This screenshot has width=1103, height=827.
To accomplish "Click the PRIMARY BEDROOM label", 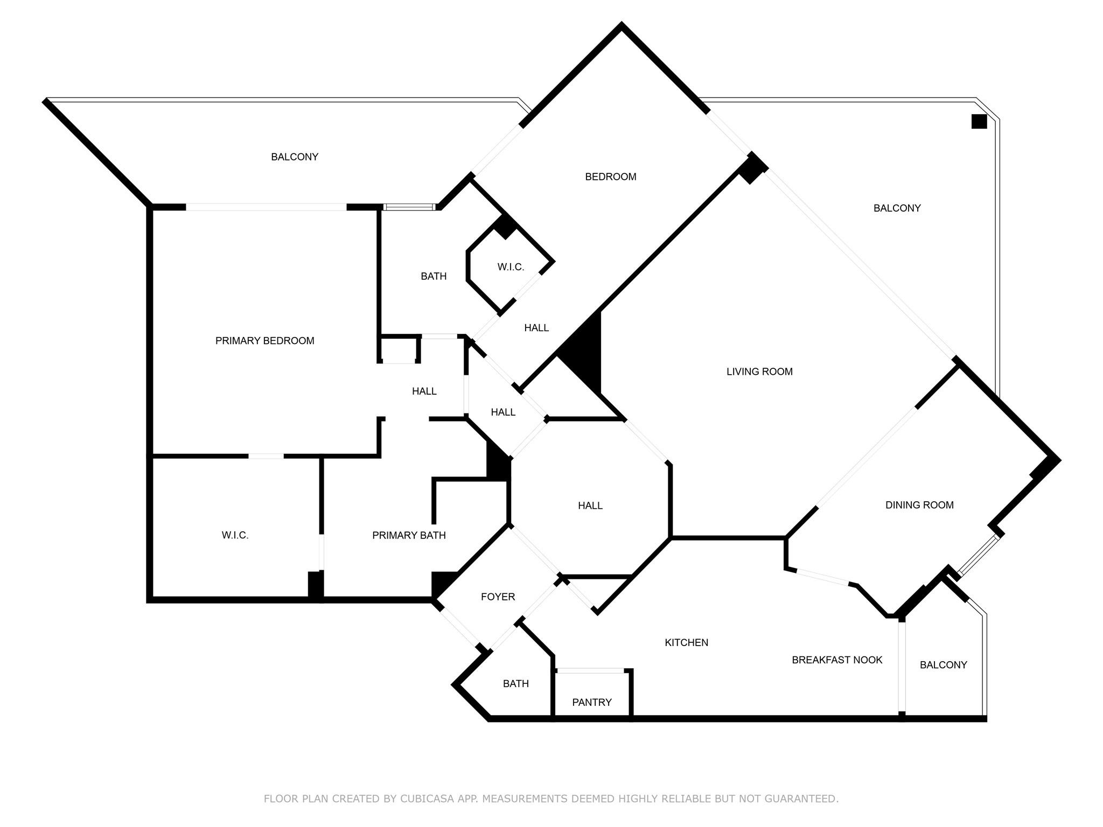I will point(264,341).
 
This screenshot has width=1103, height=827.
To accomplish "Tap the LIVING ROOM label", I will point(759,372).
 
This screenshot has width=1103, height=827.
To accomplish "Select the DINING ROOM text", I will point(919,505).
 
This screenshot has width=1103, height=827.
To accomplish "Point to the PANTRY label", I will point(592,702).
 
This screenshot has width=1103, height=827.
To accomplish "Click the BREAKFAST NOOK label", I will point(837,660).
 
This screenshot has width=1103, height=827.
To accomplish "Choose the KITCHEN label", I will point(686,642).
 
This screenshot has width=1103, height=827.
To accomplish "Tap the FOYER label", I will point(498,597).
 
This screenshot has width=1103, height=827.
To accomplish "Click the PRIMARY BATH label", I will point(409,535).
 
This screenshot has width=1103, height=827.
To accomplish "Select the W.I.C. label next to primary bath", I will point(235,535).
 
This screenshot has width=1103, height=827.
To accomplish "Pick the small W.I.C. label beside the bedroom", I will point(511,267).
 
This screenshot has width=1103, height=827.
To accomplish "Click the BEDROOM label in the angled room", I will point(611,177).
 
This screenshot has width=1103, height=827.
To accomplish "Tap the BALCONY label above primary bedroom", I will point(295,157).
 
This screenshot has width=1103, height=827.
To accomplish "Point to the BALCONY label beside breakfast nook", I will point(943,665).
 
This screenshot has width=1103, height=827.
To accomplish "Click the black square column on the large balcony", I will point(979,122).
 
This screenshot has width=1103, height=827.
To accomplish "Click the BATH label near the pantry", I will point(515,684).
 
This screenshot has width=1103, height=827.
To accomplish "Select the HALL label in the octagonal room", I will point(590,506).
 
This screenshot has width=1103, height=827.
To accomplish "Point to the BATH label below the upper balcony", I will point(434,276).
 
